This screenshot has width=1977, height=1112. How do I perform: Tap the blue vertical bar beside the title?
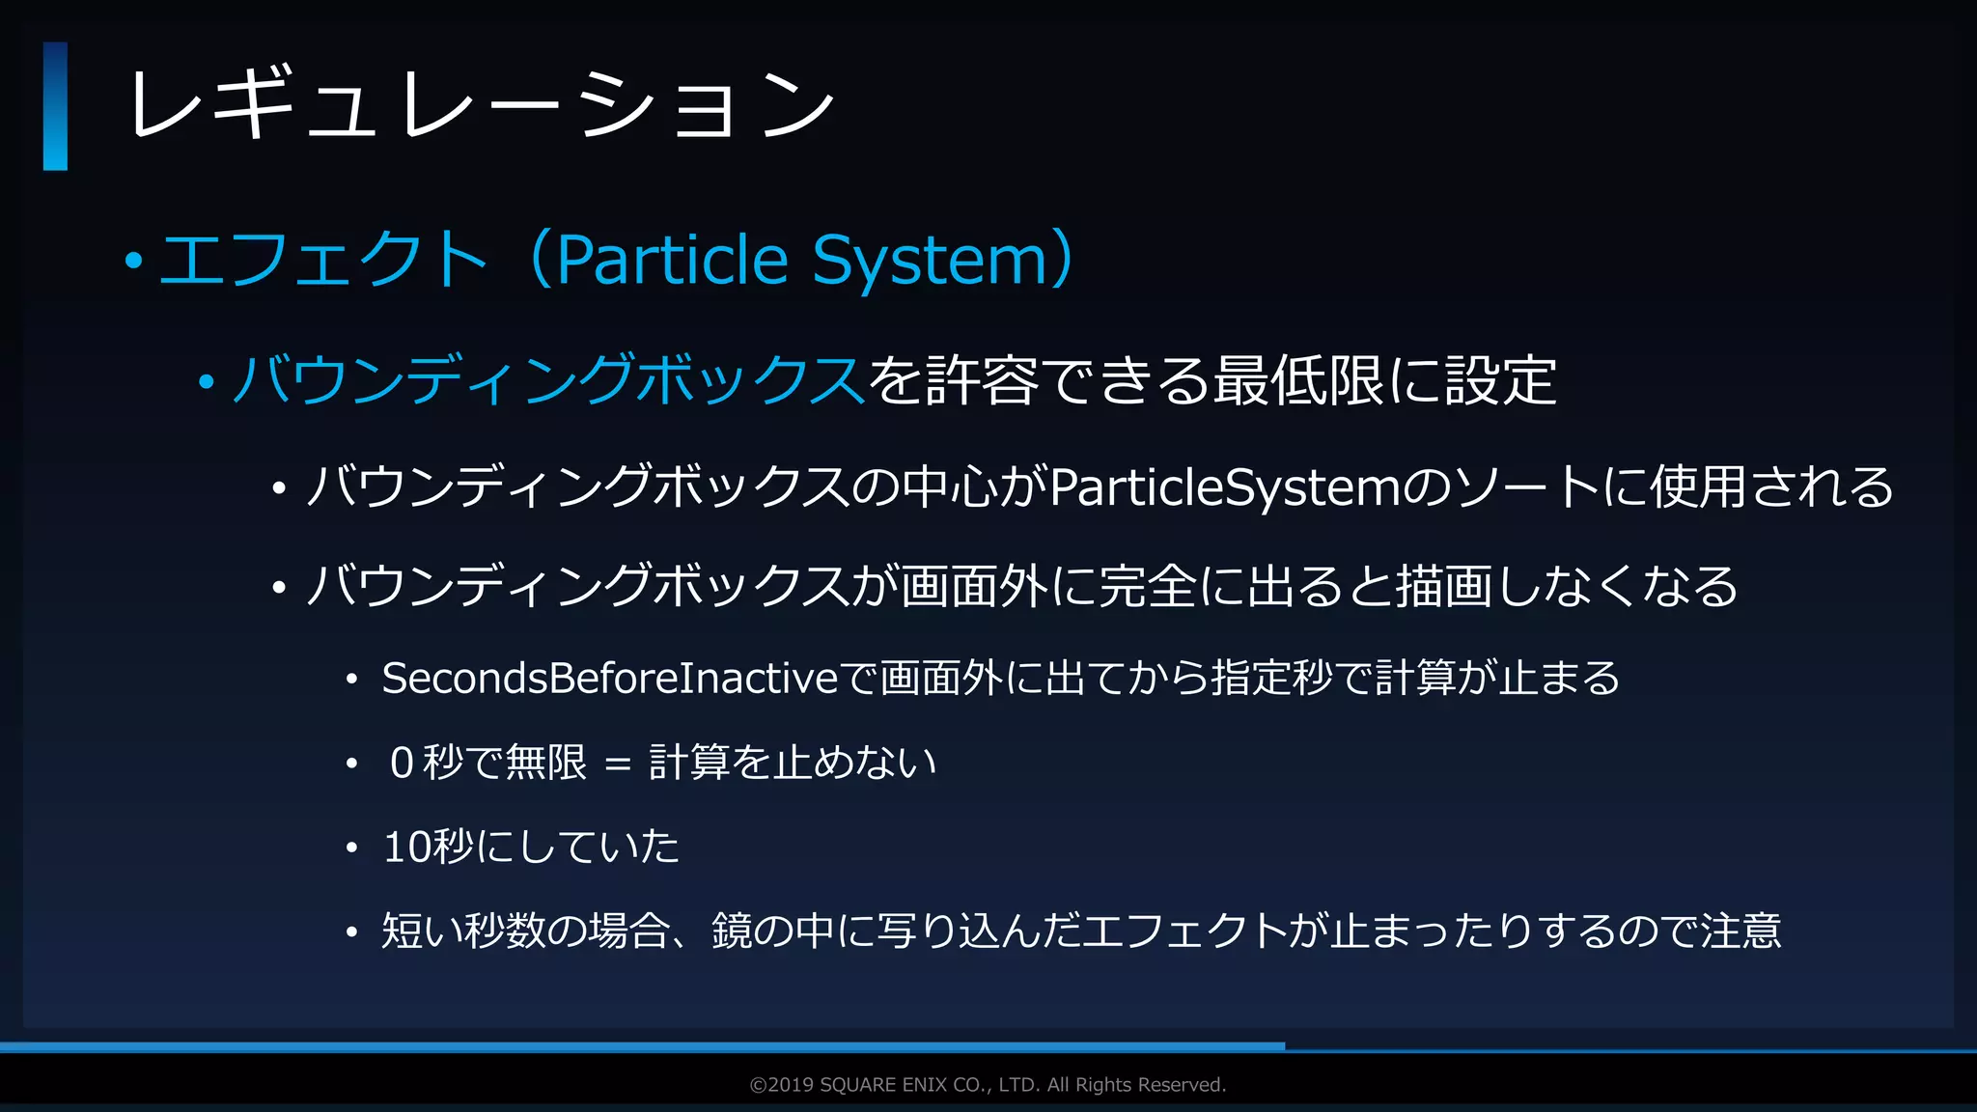(55, 106)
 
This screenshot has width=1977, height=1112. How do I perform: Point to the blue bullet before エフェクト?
(134, 260)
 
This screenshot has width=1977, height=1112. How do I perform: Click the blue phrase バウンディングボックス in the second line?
(548, 379)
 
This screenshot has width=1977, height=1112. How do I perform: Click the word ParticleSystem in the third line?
(1224, 486)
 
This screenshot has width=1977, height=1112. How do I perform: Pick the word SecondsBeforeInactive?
(610, 678)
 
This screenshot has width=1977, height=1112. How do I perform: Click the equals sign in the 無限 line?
(618, 764)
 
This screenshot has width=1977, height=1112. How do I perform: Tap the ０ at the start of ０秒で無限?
(403, 763)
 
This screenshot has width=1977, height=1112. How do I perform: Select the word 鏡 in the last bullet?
(732, 931)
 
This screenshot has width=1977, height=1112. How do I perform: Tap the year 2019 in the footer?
(791, 1085)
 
